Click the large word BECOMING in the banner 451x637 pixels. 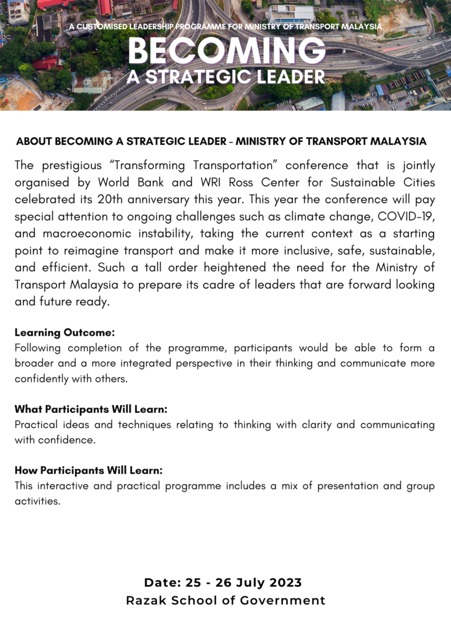pos(226,52)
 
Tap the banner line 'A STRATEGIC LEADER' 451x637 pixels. pos(226,77)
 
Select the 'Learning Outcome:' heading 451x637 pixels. pos(65,333)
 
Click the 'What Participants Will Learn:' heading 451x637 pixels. pos(91,409)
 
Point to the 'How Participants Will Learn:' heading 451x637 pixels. pos(89,470)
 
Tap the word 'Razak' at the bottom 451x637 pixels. pos(146,601)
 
